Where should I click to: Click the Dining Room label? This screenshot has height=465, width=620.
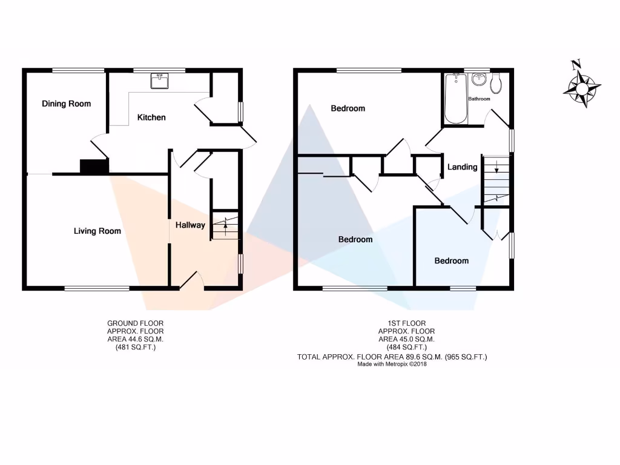pos(66,104)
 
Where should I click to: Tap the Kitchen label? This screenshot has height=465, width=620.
pos(151,117)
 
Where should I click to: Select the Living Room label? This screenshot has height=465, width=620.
pos(97,231)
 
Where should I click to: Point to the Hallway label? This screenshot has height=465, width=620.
pos(190,225)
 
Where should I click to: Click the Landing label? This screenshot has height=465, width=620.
pos(463,167)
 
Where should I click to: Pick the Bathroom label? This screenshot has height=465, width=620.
pos(479,99)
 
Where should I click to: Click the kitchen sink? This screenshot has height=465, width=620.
pos(160,81)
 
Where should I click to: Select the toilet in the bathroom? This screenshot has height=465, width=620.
pos(496,84)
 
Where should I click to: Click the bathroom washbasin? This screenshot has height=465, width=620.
pos(478,79)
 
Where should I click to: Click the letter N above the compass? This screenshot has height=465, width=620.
pos(576,64)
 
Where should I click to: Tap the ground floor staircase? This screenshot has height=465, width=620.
pos(225,226)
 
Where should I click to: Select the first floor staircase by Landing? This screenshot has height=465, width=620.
pos(496,180)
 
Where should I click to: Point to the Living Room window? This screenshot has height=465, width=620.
pos(97,288)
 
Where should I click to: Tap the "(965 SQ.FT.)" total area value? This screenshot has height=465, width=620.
pos(466,357)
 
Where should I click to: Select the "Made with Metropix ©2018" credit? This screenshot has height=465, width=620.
pos(392,364)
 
